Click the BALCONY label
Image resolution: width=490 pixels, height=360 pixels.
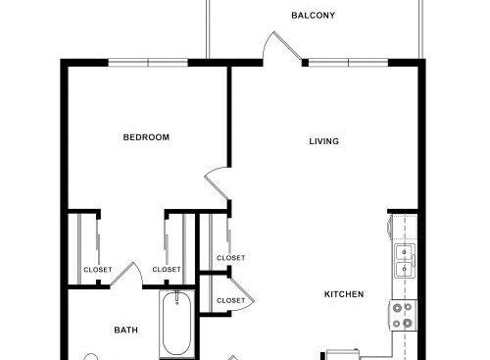313,16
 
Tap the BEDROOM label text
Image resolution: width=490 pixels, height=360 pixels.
146,137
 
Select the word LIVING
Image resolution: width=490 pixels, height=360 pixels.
323,141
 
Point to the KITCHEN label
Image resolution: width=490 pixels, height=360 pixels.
344,294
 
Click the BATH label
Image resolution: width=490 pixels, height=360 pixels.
125,331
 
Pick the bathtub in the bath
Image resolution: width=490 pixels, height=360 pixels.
176,324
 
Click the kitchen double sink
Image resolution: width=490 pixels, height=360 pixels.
405,261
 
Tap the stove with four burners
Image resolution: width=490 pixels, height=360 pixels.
403,315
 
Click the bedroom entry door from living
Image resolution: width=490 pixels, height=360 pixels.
217,183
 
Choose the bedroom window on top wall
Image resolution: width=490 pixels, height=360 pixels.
148,63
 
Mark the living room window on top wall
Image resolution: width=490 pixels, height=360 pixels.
348,63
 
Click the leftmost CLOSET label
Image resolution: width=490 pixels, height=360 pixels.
98,270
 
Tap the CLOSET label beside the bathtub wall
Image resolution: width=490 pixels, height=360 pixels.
167,270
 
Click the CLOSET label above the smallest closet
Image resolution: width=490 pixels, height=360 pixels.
230,258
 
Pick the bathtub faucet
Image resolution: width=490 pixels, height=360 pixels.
177,297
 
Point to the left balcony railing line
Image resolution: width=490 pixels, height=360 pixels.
207,29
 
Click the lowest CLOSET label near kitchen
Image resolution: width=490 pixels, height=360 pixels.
230,300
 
